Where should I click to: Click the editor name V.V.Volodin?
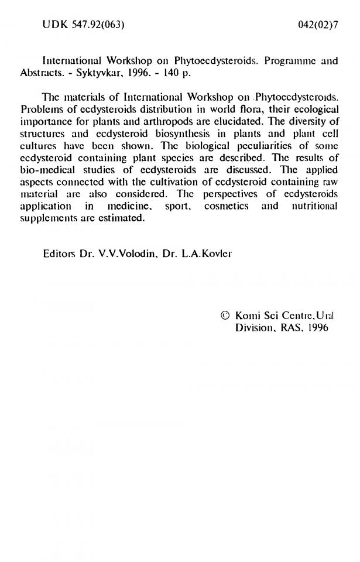[x=122, y=255]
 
